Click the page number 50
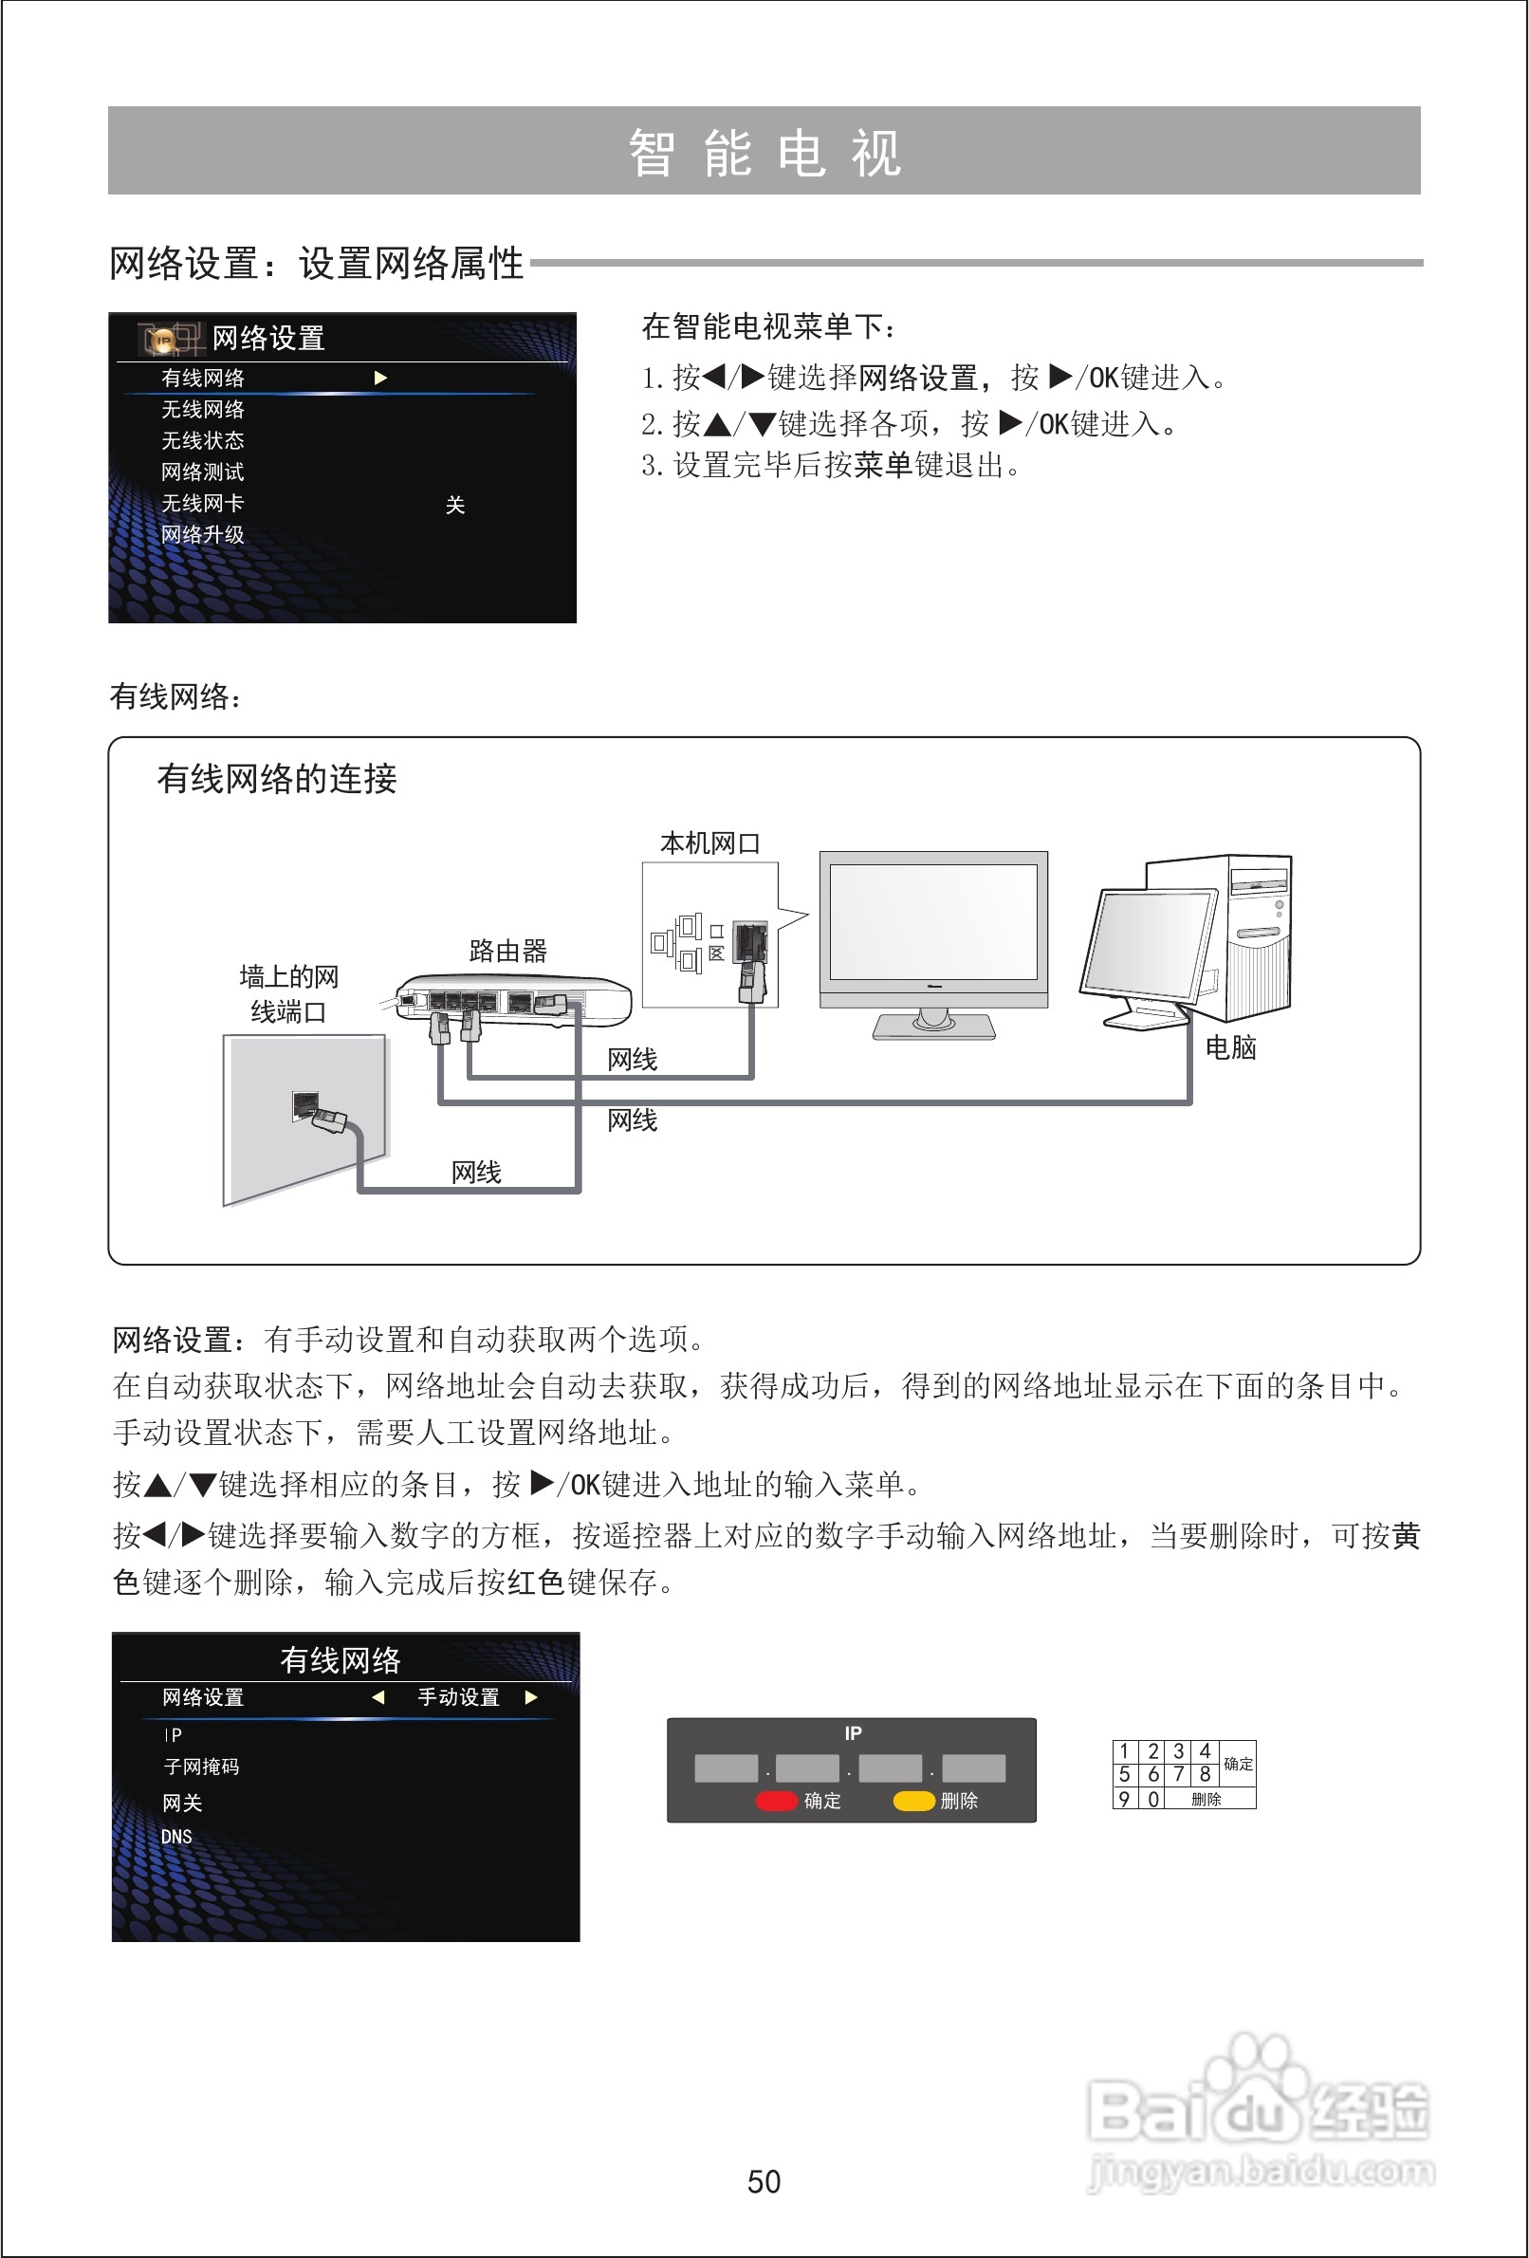764,2181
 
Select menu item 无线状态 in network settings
202,441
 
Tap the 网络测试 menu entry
202,472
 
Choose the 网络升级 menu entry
202,534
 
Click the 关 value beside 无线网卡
454,506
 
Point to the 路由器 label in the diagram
507,951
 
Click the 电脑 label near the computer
1230,1047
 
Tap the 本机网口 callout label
709,843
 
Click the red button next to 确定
776,1801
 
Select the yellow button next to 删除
913,1801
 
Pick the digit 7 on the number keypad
1178,1774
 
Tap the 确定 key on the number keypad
1238,1764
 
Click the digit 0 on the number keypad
1153,1799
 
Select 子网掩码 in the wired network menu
202,1767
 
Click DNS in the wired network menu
176,1837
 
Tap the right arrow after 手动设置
531,1697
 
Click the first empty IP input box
726,1768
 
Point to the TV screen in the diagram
932,921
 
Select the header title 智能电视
764,154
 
